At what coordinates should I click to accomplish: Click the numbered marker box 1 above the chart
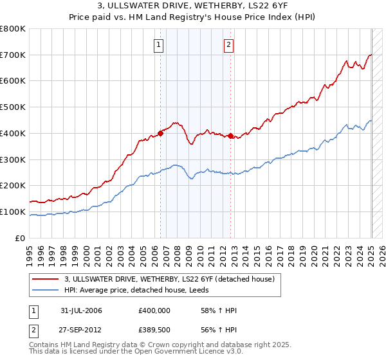tap(159, 44)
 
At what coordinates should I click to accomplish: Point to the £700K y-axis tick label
tap(13, 55)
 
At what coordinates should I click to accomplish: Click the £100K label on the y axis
tap(13, 212)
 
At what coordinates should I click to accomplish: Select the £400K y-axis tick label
tap(13, 133)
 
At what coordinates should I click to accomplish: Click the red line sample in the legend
tap(46, 279)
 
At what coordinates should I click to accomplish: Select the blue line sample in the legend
tap(46, 290)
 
